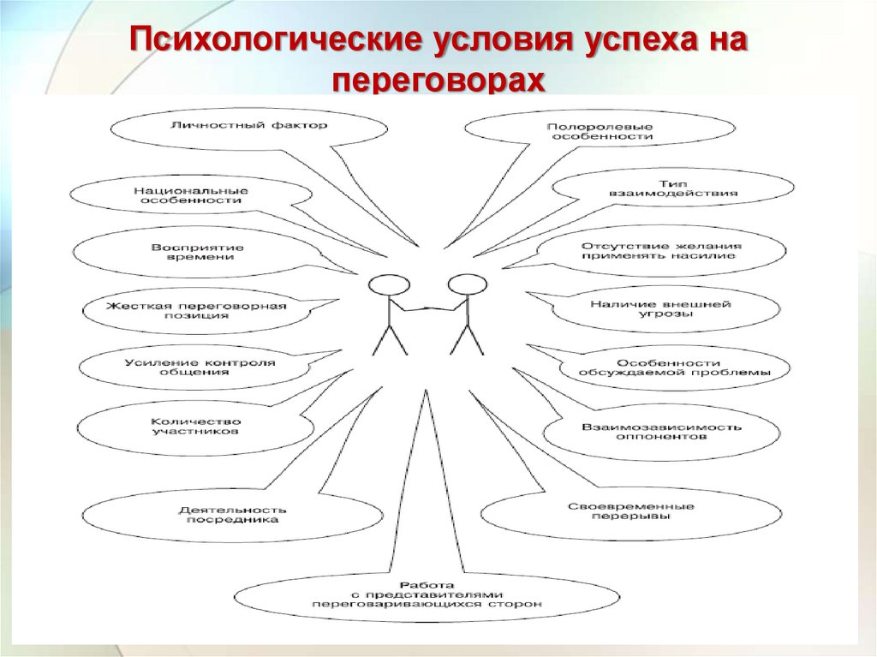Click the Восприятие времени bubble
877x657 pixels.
[x=198, y=252]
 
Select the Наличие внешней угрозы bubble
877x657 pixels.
[x=660, y=308]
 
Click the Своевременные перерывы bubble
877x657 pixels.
[x=630, y=511]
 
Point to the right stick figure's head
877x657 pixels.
[x=467, y=284]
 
